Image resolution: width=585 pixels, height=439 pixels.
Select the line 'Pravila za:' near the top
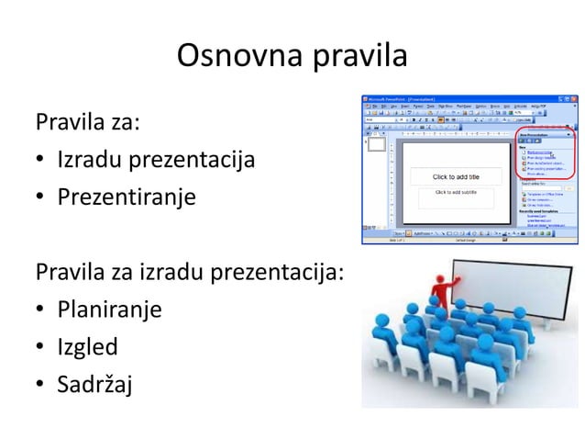[x=87, y=121]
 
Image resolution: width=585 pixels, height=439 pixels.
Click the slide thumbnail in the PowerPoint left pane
[x=376, y=144]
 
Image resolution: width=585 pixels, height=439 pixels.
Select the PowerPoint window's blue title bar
[x=458, y=96]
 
